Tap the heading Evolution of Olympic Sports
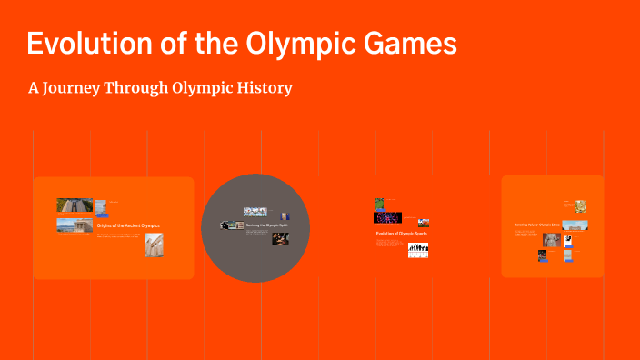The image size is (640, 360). [402, 234]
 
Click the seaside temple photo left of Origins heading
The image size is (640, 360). [74, 225]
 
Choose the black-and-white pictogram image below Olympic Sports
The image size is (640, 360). [418, 249]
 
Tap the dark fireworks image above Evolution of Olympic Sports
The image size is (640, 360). [388, 217]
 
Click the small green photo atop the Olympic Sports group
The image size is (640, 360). [381, 205]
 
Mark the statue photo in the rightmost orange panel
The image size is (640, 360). [552, 240]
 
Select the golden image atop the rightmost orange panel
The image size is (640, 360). [580, 206]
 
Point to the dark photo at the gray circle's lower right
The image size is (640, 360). [281, 240]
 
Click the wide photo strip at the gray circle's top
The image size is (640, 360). [255, 212]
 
